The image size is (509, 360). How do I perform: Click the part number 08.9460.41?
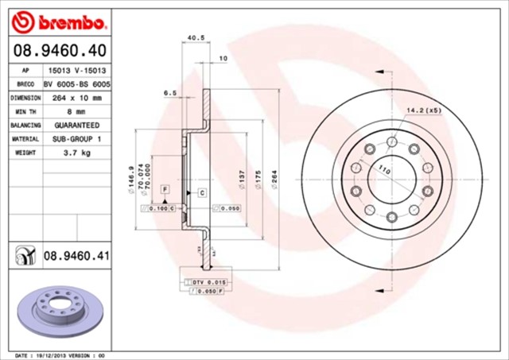click(76, 256)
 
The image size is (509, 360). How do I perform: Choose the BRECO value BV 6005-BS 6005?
click(76, 83)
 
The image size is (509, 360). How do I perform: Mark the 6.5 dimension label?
click(169, 93)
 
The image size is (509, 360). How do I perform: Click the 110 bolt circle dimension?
click(385, 168)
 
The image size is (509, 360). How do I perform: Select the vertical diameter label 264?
click(274, 181)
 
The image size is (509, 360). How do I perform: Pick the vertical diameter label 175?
click(258, 182)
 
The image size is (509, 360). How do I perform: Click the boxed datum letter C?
click(201, 192)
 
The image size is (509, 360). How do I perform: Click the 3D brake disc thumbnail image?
click(56, 306)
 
